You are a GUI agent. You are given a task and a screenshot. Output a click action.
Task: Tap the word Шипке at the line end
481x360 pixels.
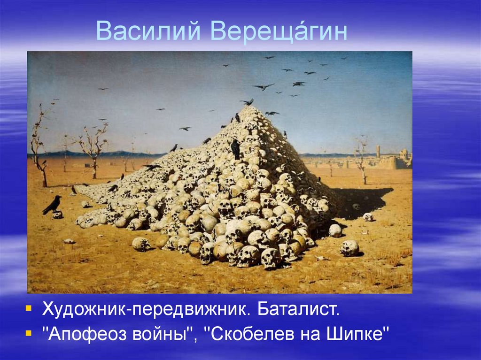362,335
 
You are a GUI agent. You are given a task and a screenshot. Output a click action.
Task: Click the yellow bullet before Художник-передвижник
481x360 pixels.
30,309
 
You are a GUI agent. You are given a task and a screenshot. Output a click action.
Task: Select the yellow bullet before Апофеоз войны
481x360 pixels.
30,334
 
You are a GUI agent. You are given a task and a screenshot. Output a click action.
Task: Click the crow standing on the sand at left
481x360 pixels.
52,204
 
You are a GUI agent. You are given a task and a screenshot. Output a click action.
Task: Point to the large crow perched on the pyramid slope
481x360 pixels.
235,149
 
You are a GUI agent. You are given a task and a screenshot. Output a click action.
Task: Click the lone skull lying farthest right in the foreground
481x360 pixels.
349,248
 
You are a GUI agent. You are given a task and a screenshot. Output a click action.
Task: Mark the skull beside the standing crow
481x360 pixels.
58,214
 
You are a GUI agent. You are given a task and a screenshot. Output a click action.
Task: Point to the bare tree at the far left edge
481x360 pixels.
39,146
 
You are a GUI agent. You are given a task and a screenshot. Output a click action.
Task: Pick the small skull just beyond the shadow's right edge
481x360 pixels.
368,217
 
